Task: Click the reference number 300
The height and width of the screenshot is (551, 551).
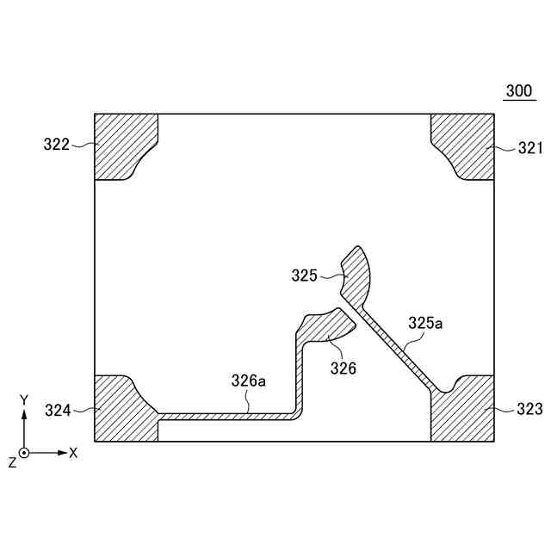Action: coord(518,90)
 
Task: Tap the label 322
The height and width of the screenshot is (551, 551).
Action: coord(57,145)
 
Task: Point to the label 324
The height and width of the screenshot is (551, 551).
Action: coord(58,411)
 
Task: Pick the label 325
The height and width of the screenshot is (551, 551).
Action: coord(305,275)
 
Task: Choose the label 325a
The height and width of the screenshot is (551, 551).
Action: coord(425,323)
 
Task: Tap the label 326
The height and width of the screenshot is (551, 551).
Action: coord(343,368)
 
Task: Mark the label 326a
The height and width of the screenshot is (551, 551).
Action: coord(248,379)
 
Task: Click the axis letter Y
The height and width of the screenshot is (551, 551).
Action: coord(25,399)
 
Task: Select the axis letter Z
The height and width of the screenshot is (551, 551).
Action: coord(12,462)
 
